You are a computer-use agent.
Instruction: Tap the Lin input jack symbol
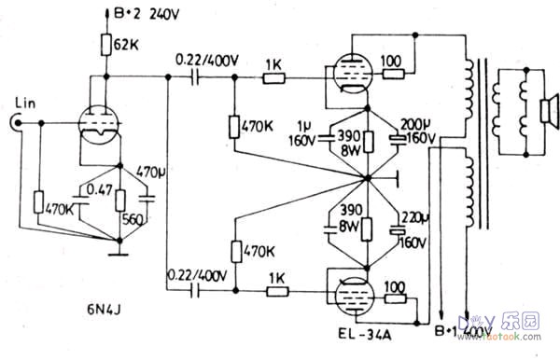(17, 121)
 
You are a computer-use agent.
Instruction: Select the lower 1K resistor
(278, 290)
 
